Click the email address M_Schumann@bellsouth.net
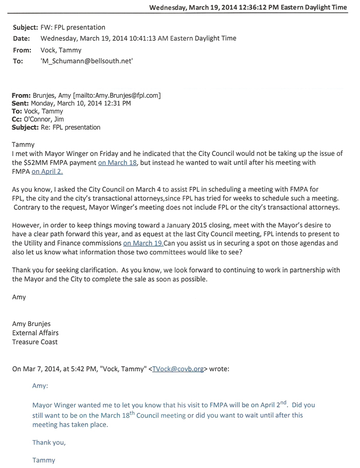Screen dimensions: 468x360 [87, 61]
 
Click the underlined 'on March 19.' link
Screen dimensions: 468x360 [143, 242]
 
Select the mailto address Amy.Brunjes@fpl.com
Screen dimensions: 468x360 [128, 95]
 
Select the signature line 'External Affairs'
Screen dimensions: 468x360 [35, 333]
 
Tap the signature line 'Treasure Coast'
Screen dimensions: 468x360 [35, 342]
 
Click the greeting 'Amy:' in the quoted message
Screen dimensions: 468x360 [40, 386]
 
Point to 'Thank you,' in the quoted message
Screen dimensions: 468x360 [49, 442]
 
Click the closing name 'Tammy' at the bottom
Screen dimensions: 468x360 [43, 460]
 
